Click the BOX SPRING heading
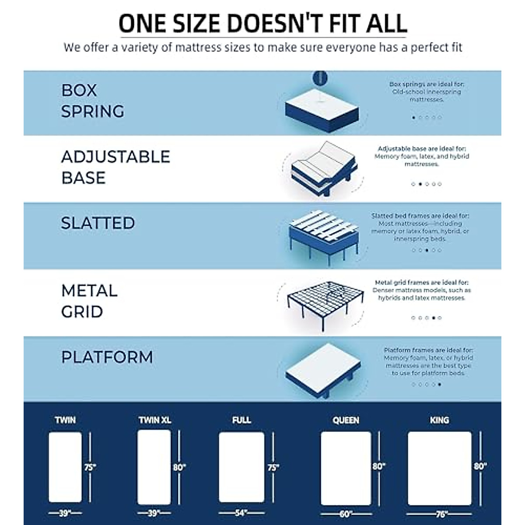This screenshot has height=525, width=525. (92, 101)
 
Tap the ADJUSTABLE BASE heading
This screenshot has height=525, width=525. (115, 167)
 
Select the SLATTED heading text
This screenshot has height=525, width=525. (98, 223)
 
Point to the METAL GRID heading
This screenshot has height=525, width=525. (89, 301)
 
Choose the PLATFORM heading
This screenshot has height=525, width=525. (107, 357)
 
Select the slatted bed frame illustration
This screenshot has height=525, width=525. (323, 236)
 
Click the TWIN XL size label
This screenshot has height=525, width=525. (154, 420)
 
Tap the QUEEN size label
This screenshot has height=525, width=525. (346, 420)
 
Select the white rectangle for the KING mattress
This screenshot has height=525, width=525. (439, 468)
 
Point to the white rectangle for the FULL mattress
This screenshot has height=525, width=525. (241, 467)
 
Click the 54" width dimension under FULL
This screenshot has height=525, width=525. (241, 512)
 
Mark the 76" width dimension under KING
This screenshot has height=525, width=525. (439, 514)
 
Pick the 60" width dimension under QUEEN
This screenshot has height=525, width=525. (346, 514)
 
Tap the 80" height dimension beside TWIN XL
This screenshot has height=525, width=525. (179, 467)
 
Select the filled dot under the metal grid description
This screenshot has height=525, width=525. (433, 318)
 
